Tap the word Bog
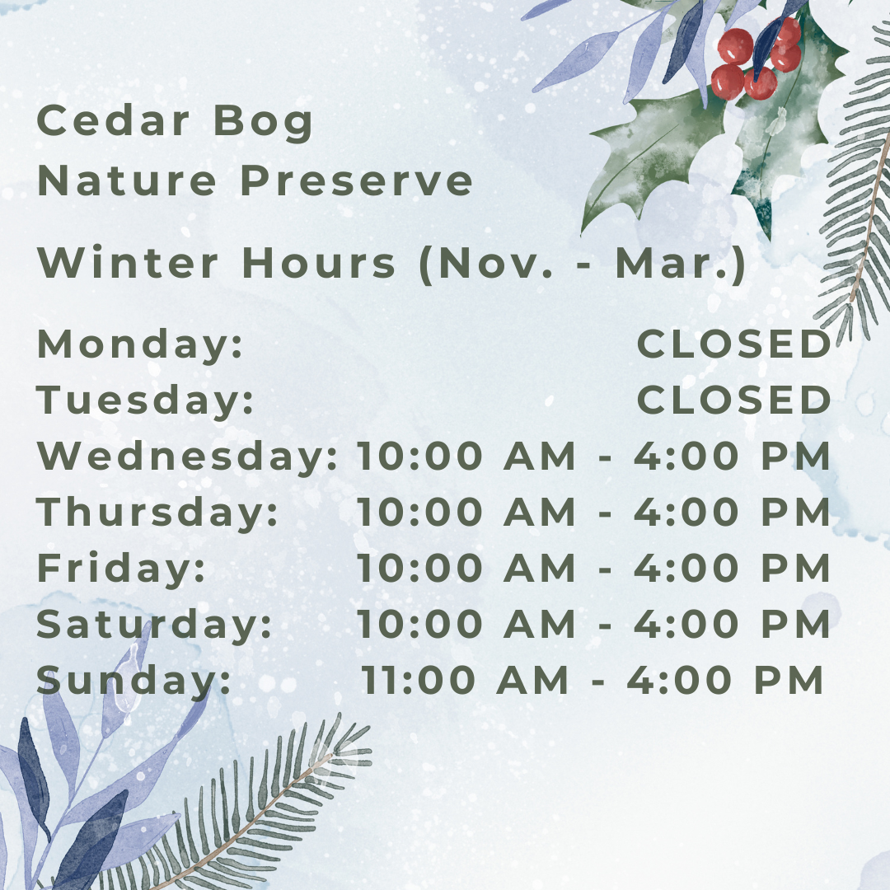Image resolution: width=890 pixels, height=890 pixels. pyautogui.click(x=264, y=123)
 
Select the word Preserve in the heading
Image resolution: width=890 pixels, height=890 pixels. pyautogui.click(x=357, y=180)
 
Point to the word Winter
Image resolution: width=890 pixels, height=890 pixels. pyautogui.click(x=128, y=262)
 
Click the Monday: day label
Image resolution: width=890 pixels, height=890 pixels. pyautogui.click(x=139, y=344)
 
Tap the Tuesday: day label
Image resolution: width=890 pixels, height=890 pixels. pyautogui.click(x=145, y=400)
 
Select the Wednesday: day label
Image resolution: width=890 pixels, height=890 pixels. pyautogui.click(x=187, y=456)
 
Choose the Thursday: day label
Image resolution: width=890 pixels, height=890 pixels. pyautogui.click(x=157, y=512)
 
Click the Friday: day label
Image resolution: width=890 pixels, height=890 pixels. pyautogui.click(x=121, y=567)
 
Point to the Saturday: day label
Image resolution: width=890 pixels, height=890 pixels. pyautogui.click(x=154, y=624)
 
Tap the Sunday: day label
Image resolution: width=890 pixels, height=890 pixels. pyautogui.click(x=134, y=679)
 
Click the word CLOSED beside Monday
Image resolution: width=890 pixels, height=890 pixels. pyautogui.click(x=734, y=344)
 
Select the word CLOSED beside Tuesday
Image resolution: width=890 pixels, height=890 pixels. pyautogui.click(x=734, y=400)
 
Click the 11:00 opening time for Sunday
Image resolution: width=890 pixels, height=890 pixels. pyautogui.click(x=419, y=679)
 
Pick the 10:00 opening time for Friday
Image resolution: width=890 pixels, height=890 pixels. pyautogui.click(x=420, y=568)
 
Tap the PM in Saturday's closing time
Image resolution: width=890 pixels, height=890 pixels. pyautogui.click(x=796, y=624)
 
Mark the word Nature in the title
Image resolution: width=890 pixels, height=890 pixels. pyautogui.click(x=127, y=180)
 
